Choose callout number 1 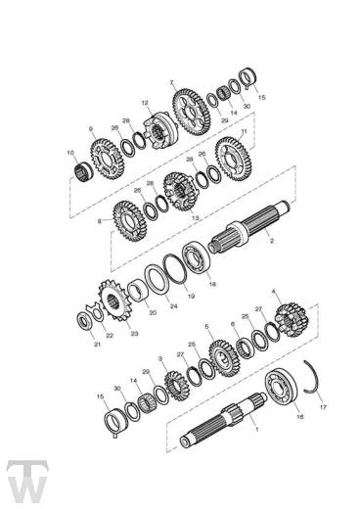[x=256, y=428]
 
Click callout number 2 [x=270, y=241]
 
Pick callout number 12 [x=144, y=102]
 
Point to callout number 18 [x=213, y=283]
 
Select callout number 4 [x=274, y=292]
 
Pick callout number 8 [x=99, y=222]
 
